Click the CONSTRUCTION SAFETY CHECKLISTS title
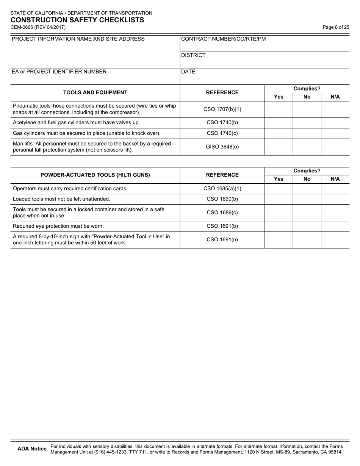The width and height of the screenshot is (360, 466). coord(77,20)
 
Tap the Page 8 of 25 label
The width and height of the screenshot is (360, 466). coord(336,27)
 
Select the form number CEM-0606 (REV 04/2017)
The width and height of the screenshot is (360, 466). coord(38,27)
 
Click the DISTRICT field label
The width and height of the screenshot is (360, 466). coord(193,55)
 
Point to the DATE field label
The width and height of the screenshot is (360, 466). coord(188,72)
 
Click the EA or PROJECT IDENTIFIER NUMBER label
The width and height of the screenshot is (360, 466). coord(59,72)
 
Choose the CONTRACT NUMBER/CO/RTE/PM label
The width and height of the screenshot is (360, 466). coord(224,39)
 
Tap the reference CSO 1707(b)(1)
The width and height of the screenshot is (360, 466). coord(222,109)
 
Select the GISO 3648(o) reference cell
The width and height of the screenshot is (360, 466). coord(222,147)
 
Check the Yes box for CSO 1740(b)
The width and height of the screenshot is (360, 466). coord(279,123)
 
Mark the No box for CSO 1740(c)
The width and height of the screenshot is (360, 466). coord(307,133)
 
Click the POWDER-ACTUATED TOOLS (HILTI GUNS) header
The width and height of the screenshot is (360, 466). coord(95,175)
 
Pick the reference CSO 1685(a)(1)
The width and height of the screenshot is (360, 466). coord(222,188)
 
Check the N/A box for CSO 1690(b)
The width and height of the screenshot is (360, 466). coord(335,199)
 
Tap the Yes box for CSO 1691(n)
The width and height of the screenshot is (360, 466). coord(279,239)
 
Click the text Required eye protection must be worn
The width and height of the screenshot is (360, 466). coord(58,226)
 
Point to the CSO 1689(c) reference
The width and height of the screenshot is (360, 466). coord(222,213)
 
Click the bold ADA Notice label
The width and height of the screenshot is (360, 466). coord(32,449)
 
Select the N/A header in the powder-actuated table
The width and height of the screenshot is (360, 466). coord(335,179)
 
